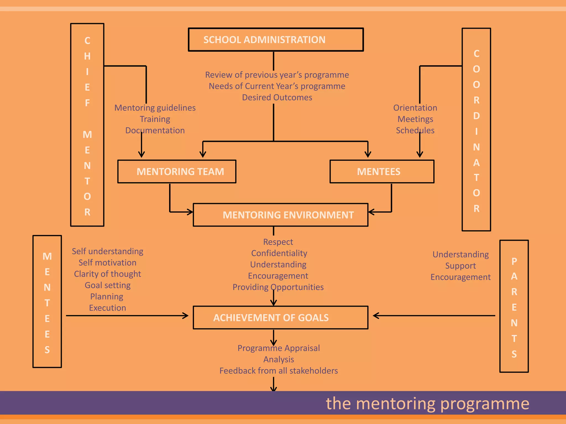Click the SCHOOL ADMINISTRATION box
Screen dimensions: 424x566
click(x=276, y=39)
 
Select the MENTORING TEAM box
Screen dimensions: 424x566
click(x=177, y=171)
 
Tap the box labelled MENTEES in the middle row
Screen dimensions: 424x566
click(x=382, y=171)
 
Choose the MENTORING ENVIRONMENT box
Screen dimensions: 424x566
click(x=281, y=215)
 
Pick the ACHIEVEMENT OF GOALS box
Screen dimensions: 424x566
click(x=281, y=317)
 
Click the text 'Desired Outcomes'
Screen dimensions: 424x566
click(x=277, y=97)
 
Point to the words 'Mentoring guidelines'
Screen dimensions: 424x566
click(x=155, y=108)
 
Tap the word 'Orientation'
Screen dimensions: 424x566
click(x=415, y=108)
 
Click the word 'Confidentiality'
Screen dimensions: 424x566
click(x=279, y=253)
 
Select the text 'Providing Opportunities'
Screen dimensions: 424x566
click(x=278, y=287)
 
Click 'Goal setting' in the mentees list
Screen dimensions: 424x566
click(x=108, y=285)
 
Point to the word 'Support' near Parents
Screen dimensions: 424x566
click(x=460, y=266)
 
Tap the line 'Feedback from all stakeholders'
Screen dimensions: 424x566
click(x=279, y=371)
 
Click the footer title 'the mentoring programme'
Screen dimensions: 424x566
click(x=427, y=403)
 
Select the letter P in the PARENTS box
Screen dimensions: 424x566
click(x=514, y=261)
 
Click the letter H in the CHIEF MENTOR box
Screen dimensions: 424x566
click(x=87, y=56)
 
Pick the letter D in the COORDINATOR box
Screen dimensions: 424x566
click(x=476, y=116)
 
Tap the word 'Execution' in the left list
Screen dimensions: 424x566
click(x=108, y=308)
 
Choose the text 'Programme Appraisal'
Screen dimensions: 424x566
click(x=279, y=348)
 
